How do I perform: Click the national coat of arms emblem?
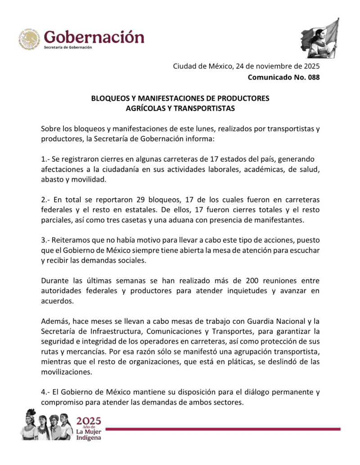pyautogui.click(x=29, y=39)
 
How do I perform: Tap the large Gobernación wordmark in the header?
pyautogui.click(x=94, y=36)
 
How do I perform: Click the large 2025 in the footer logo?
pyautogui.click(x=89, y=421)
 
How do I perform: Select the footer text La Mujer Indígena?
pyautogui.click(x=89, y=434)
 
